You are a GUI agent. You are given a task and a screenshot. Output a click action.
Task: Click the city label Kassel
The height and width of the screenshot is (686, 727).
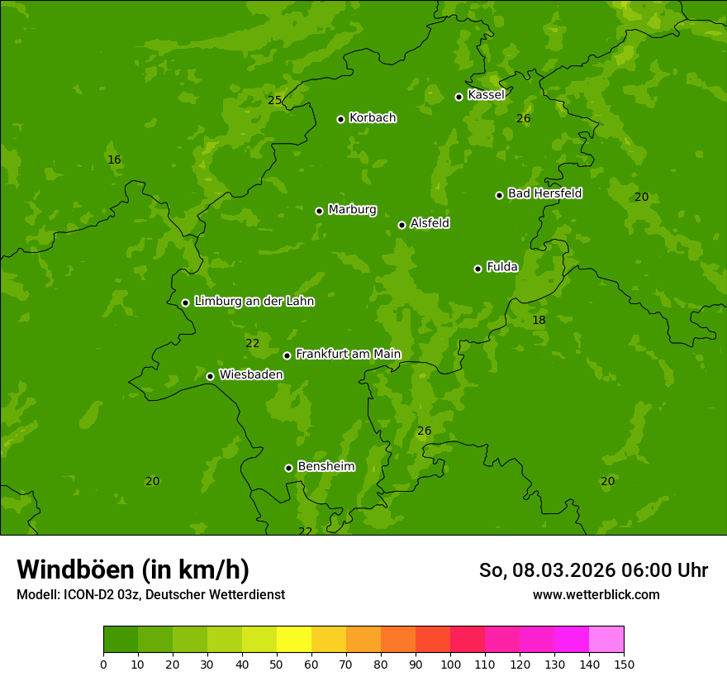[x=486, y=95]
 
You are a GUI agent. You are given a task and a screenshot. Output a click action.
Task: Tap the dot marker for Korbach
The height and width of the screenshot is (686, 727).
[x=340, y=119]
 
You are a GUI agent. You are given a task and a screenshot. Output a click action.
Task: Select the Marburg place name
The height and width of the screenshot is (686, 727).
[x=352, y=210]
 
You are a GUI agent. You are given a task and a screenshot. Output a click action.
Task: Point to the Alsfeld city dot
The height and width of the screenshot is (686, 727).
[x=402, y=225]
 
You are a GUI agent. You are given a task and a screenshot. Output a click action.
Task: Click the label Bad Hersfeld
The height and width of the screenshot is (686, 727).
[x=544, y=193]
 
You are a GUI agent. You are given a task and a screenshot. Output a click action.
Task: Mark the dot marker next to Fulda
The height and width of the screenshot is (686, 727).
[x=478, y=269]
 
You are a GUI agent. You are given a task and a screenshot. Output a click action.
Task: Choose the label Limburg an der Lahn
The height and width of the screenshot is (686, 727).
[x=254, y=302]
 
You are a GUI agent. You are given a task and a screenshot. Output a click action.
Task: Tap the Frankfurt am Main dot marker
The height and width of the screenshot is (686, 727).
[x=287, y=355]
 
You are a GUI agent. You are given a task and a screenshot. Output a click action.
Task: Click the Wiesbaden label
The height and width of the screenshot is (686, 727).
[x=251, y=374]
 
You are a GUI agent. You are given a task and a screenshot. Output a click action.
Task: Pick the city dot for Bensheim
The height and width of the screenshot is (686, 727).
[x=288, y=468]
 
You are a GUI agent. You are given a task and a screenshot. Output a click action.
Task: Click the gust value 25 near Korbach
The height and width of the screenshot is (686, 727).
[x=274, y=101]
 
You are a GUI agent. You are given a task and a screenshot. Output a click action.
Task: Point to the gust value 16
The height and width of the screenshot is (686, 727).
[x=114, y=160]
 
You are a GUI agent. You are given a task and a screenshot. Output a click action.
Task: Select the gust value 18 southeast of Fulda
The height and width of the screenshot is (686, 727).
[x=539, y=320]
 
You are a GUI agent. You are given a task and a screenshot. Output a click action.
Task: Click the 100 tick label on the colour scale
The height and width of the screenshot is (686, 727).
[x=450, y=664]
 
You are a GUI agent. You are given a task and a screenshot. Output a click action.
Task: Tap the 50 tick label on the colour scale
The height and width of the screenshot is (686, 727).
[x=277, y=664]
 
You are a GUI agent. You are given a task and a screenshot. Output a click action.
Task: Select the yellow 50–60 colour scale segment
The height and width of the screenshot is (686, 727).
[x=294, y=640]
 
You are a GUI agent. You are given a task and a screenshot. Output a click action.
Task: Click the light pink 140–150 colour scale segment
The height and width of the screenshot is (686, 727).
[x=606, y=640]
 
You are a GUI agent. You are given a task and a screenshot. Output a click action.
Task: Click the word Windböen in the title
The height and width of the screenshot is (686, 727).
[x=75, y=569]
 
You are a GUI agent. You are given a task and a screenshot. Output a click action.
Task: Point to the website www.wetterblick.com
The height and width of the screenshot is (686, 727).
[x=596, y=595]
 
